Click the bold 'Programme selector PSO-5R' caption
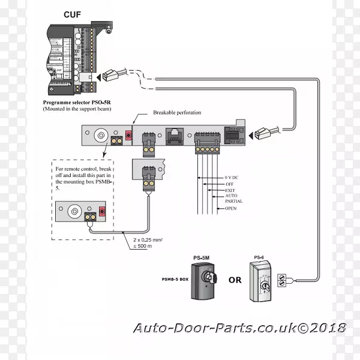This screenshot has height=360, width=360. tap(78, 103)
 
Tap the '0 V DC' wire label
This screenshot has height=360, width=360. tap(232, 178)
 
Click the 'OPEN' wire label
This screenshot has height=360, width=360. tap(231, 208)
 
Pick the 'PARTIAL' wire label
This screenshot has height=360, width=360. tap(233, 202)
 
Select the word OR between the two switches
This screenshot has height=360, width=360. tap(235, 280)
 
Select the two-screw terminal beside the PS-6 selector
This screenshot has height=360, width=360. tap(283, 278)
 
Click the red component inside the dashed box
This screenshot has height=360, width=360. tap(102, 211)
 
